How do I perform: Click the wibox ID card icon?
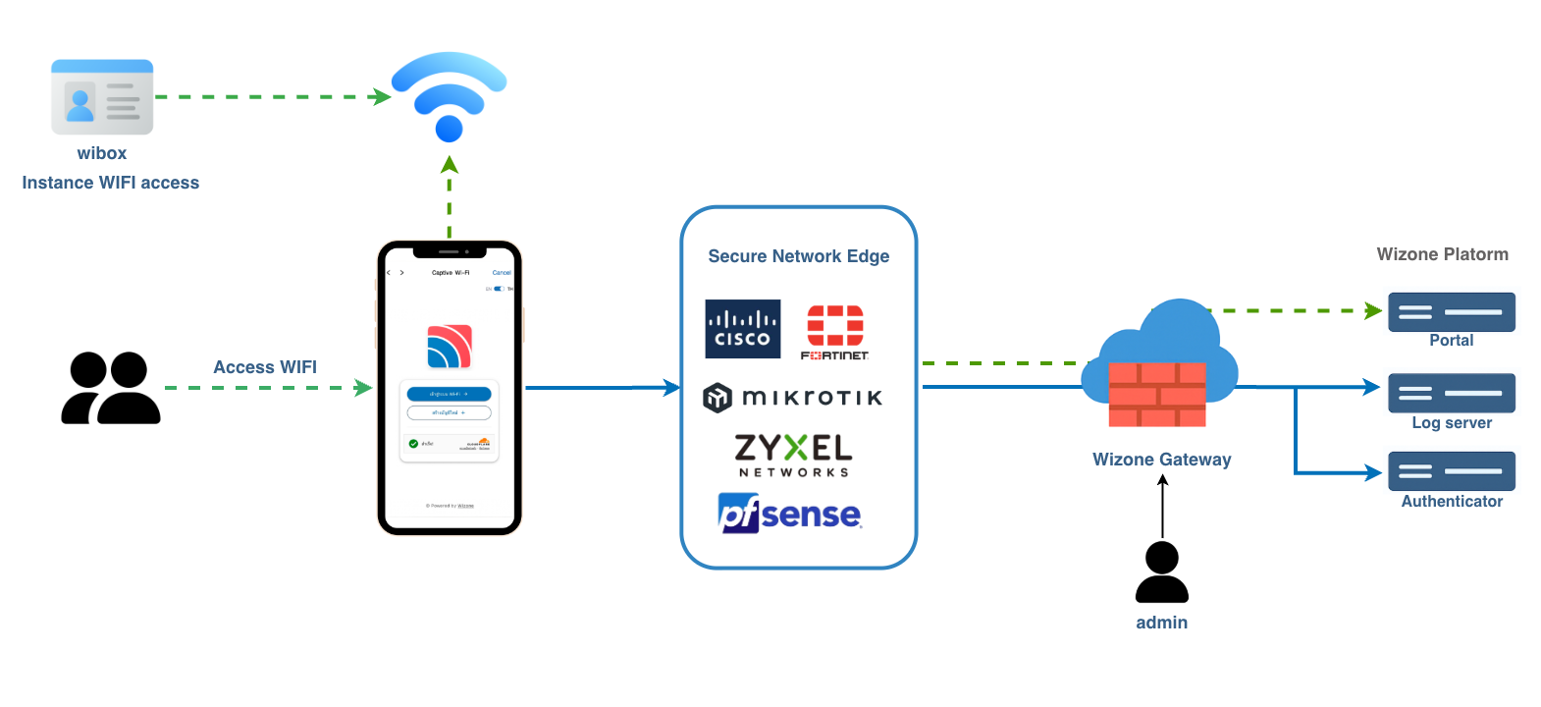tap(102, 97)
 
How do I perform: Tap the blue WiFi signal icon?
tap(449, 96)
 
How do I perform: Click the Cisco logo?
tap(743, 329)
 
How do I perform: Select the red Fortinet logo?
tap(835, 332)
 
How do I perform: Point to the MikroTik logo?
tap(793, 397)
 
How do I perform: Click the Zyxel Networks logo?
tap(793, 455)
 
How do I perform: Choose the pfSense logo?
tap(790, 514)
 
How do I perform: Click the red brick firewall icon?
tap(1157, 394)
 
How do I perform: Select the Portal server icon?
tap(1451, 312)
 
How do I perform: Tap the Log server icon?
tap(1451, 393)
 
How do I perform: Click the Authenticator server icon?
tap(1451, 471)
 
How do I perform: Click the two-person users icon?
tap(110, 388)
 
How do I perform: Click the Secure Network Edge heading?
tap(798, 256)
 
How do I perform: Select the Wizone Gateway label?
tap(1161, 460)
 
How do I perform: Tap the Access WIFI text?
tap(265, 367)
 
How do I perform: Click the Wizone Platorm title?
tap(1442, 254)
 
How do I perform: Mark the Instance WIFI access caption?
tap(110, 183)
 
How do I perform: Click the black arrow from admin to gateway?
tap(1162, 506)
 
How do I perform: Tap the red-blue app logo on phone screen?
tap(450, 347)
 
